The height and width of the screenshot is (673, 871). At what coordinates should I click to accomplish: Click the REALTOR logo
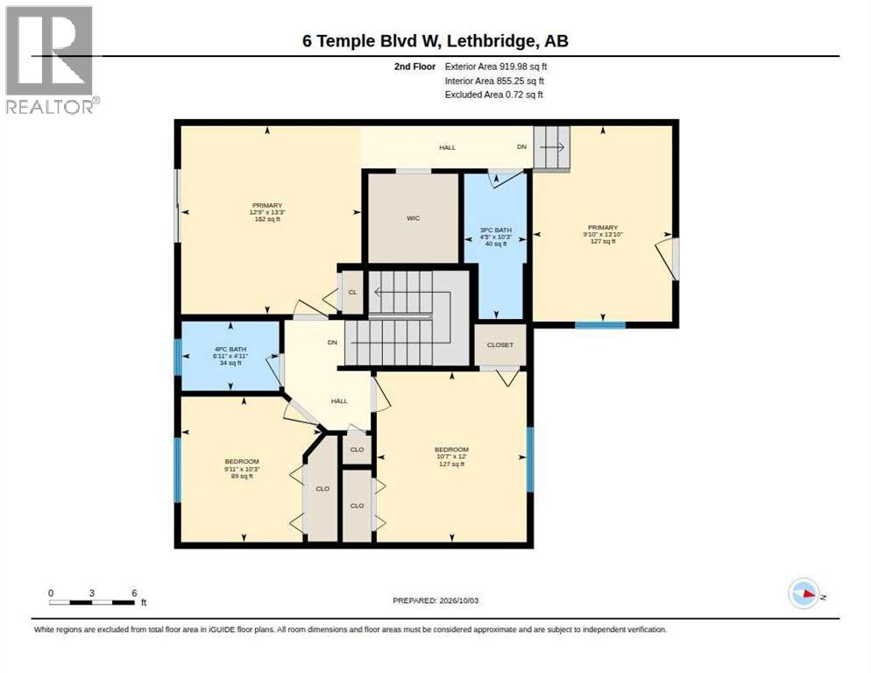50,60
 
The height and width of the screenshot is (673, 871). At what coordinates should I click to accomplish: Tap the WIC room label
413,218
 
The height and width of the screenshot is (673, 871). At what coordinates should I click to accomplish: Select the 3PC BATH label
495,230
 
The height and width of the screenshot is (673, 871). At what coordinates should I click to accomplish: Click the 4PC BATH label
230,349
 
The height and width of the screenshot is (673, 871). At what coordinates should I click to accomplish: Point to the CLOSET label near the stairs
500,344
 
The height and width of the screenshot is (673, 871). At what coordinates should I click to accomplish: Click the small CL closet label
352,293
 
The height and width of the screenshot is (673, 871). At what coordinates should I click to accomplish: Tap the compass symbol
804,593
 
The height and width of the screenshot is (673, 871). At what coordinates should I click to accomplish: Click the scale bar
92,602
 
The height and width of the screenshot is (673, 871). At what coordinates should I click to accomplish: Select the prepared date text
435,600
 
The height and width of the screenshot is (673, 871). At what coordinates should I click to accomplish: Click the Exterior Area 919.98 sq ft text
495,67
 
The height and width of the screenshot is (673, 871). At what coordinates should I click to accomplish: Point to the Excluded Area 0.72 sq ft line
493,95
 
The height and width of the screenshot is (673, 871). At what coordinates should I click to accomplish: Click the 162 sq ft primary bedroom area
267,219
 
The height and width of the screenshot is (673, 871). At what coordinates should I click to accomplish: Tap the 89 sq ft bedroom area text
242,476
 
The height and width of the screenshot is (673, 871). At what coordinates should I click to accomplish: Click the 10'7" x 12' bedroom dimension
451,457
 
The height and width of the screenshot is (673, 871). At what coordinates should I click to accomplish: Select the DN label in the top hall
521,146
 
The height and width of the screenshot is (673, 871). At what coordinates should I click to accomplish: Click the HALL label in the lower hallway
339,400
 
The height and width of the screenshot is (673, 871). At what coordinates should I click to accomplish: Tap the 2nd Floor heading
415,67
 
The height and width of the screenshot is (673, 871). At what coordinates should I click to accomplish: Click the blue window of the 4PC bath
178,357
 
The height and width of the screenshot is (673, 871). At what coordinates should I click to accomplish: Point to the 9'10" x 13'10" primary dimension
603,234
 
